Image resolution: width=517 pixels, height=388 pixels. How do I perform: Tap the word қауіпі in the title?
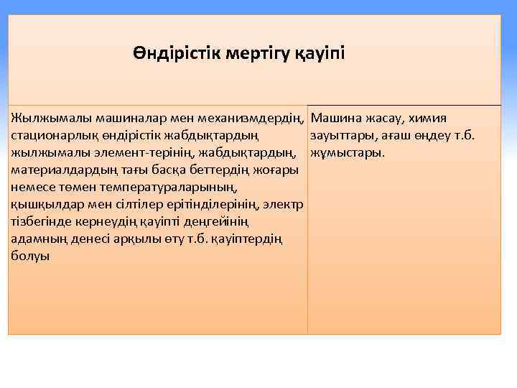[320, 54]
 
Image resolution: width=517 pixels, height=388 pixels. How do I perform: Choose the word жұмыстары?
[348, 152]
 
